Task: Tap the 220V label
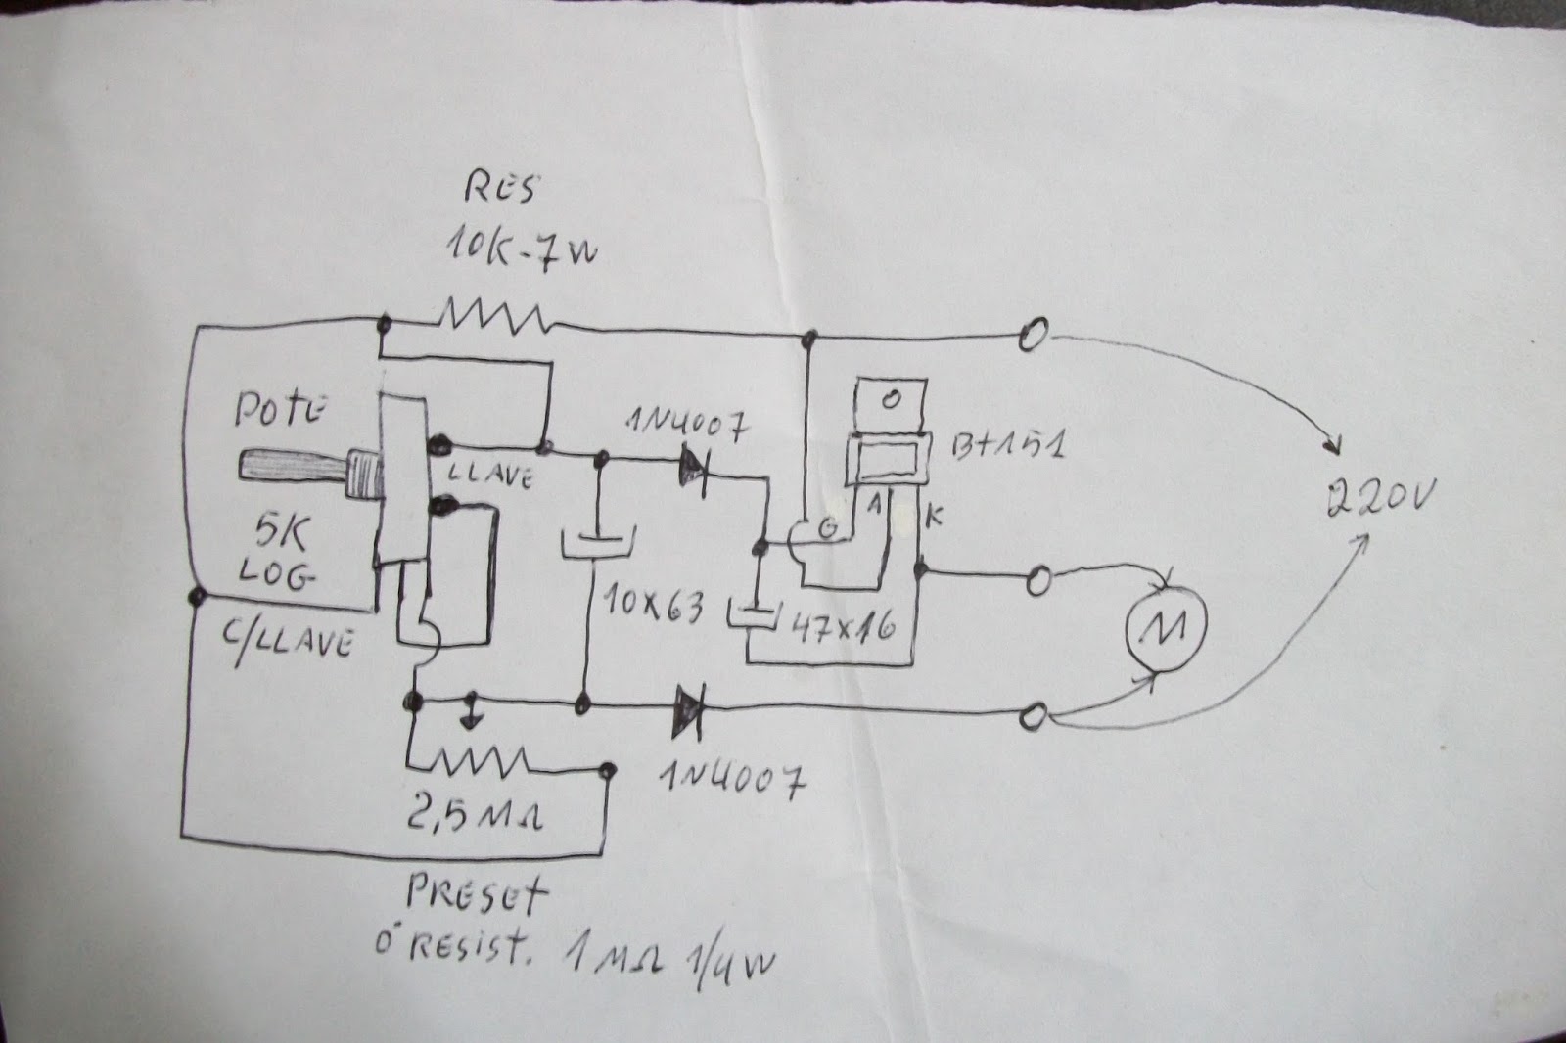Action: coord(1379,502)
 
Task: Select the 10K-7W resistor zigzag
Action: coord(493,317)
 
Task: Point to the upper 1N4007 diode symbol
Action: coord(693,467)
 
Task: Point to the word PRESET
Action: coord(476,893)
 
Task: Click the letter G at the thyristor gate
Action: coord(828,529)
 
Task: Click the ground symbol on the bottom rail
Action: coord(473,711)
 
